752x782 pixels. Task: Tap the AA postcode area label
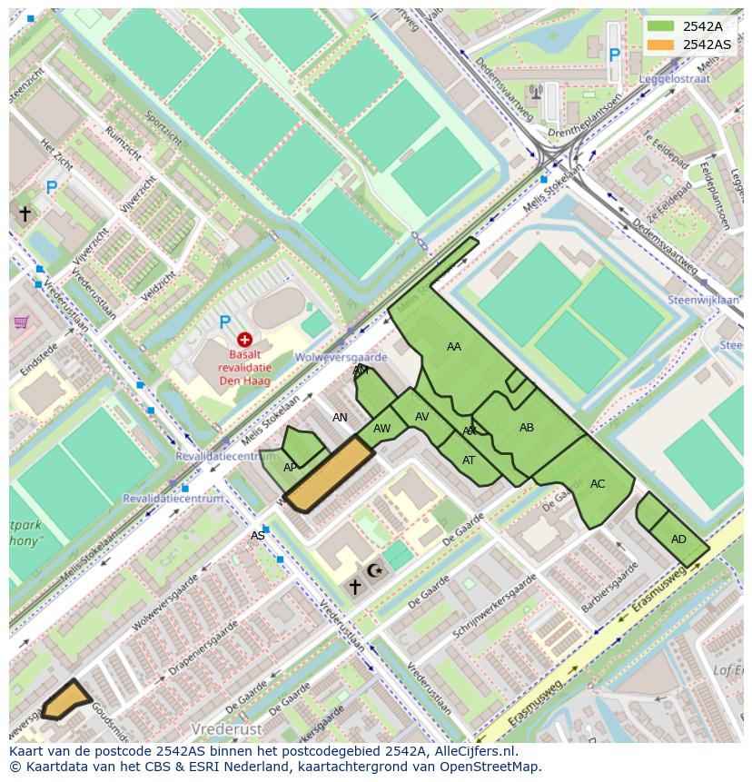pyautogui.click(x=454, y=347)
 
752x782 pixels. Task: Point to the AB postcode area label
pyautogui.click(x=527, y=428)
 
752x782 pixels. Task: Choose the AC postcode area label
pyautogui.click(x=598, y=484)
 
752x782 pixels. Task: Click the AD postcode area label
pyautogui.click(x=678, y=539)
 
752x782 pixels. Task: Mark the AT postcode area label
pyautogui.click(x=469, y=460)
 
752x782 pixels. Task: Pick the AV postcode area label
pyautogui.click(x=422, y=417)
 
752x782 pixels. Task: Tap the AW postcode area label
pyautogui.click(x=382, y=429)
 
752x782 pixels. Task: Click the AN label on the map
pyautogui.click(x=340, y=418)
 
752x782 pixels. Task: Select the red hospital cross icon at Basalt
pyautogui.click(x=244, y=340)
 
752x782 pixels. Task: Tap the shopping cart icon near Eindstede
pyautogui.click(x=21, y=322)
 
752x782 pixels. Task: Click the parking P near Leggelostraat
pyautogui.click(x=614, y=55)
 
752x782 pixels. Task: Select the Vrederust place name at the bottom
pyautogui.click(x=226, y=729)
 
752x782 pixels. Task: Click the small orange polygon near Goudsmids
pyautogui.click(x=65, y=699)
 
